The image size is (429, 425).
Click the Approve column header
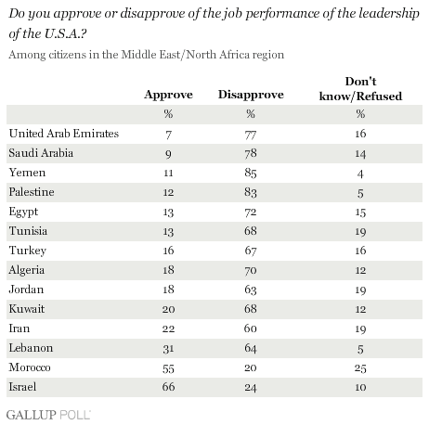168,95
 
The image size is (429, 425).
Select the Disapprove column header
251,95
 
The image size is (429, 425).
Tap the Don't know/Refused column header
360,89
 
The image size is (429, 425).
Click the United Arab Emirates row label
64,134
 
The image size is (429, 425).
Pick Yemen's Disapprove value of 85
251,173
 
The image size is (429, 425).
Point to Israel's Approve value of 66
168,387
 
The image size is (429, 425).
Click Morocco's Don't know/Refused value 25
360,367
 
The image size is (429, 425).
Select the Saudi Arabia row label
41,153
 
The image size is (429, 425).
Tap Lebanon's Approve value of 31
168,348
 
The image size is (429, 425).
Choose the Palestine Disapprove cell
251,192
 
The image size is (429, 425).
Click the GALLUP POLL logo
48,415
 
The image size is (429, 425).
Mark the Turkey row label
28,251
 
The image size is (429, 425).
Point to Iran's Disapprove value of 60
251,328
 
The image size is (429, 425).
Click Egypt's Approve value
168,212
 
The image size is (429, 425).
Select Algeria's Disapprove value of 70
251,270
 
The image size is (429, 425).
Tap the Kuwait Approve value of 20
168,309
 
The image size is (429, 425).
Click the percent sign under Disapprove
251,114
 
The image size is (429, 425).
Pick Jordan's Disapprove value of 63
251,290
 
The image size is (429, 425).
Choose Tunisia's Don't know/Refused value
360,231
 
